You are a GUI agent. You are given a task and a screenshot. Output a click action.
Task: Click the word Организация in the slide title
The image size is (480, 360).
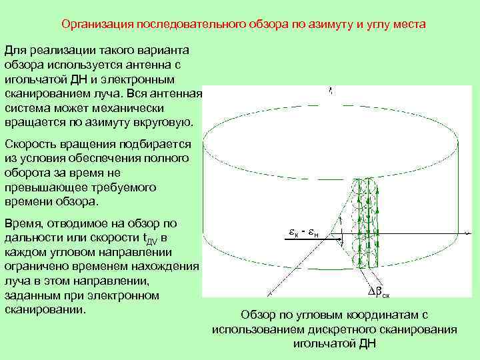point(97,25)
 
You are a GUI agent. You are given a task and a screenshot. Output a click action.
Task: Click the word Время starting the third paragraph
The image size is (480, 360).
point(23,223)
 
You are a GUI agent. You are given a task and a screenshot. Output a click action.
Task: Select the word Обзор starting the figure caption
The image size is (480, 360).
point(256,315)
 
